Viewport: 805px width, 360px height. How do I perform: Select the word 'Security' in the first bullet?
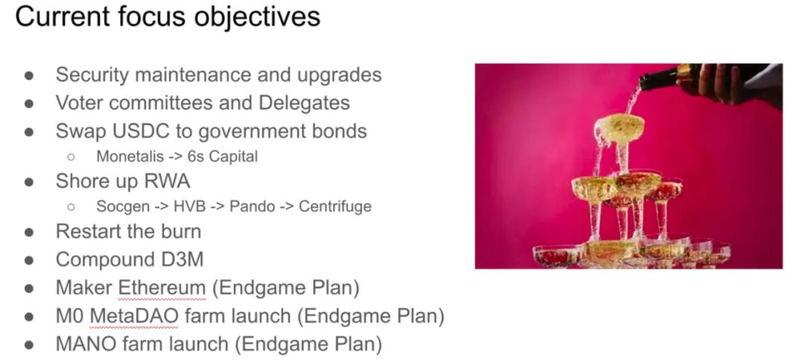[x=92, y=75]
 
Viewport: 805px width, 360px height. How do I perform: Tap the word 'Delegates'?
[x=304, y=103]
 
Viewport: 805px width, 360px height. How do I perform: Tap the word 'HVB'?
[x=190, y=206]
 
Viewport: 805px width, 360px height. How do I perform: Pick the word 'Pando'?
[x=252, y=206]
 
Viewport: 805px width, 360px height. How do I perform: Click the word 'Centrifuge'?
[x=335, y=206]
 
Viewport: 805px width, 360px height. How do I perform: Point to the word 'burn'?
[x=180, y=232]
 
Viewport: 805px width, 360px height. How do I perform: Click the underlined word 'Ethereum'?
[x=162, y=288]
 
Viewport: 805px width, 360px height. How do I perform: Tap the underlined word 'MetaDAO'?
[x=134, y=316]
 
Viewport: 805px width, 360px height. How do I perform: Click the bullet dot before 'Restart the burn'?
[x=29, y=232]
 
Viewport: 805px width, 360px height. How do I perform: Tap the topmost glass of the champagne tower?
[x=619, y=128]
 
